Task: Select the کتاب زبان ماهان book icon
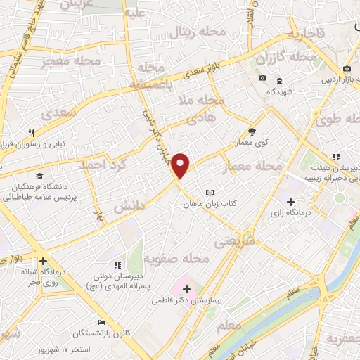coord(208,191)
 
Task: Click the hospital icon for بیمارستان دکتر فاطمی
coord(186,288)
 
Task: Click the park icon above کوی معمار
coord(252,131)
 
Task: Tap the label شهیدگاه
coord(281,91)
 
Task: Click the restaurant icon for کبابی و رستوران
coord(31,133)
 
